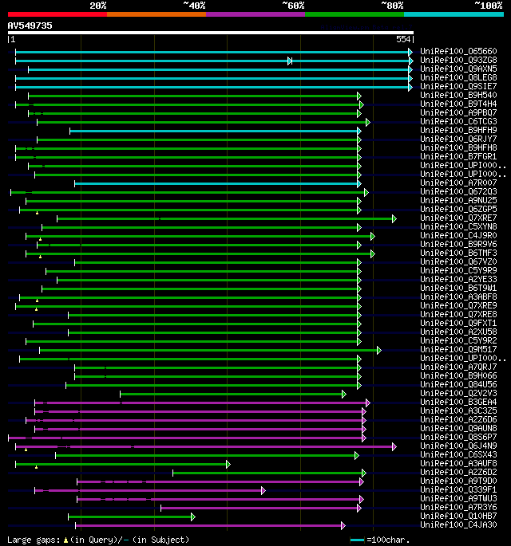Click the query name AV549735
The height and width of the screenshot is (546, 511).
[x=30, y=26]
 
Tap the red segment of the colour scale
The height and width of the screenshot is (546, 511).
[x=57, y=14]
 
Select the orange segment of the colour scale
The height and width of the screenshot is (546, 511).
[x=156, y=14]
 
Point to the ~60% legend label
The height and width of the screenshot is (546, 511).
[x=293, y=5]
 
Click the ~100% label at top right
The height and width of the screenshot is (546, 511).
[x=488, y=5]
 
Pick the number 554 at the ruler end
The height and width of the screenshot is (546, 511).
[x=403, y=39]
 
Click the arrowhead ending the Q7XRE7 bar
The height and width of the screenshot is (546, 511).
[x=394, y=218]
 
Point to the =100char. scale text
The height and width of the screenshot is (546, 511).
[x=388, y=540]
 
